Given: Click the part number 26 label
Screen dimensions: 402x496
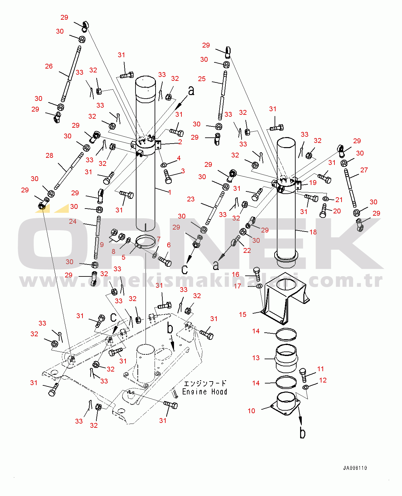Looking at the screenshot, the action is click(x=49, y=66).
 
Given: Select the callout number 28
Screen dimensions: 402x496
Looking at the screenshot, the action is click(x=49, y=156).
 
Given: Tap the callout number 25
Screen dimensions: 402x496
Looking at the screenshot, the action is click(x=202, y=79).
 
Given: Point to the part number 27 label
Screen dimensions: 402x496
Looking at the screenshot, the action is click(x=364, y=170).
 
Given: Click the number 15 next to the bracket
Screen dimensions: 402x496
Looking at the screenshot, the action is click(x=243, y=315).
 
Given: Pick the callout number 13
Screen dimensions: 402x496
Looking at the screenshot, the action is click(x=256, y=358).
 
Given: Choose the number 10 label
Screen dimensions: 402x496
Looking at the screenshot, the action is click(x=251, y=411).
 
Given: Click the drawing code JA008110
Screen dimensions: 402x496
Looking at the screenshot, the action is click(x=355, y=468).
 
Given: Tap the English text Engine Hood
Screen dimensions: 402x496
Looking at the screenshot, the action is click(x=204, y=392).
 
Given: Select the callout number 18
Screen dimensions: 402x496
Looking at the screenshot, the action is click(x=313, y=232).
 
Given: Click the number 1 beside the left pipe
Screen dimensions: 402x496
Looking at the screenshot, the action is click(x=170, y=192).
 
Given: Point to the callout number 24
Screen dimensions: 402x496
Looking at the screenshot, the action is click(x=73, y=221).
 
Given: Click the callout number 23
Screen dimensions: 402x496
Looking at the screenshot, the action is click(x=191, y=199).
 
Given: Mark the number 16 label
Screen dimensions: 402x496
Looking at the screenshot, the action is click(x=235, y=274).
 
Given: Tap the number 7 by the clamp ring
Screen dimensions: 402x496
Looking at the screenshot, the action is click(x=158, y=239).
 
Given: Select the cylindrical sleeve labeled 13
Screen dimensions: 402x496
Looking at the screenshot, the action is click(x=286, y=359).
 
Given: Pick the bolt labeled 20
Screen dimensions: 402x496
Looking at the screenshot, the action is click(x=323, y=211).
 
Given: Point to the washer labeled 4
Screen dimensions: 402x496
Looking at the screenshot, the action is click(x=164, y=165).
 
